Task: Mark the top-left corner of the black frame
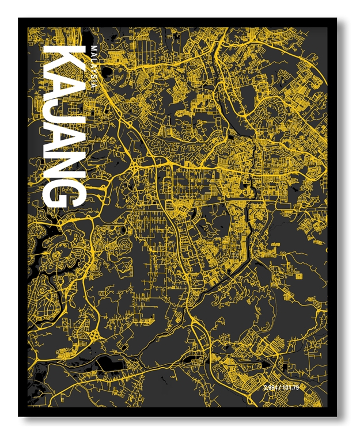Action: coord(19,19)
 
